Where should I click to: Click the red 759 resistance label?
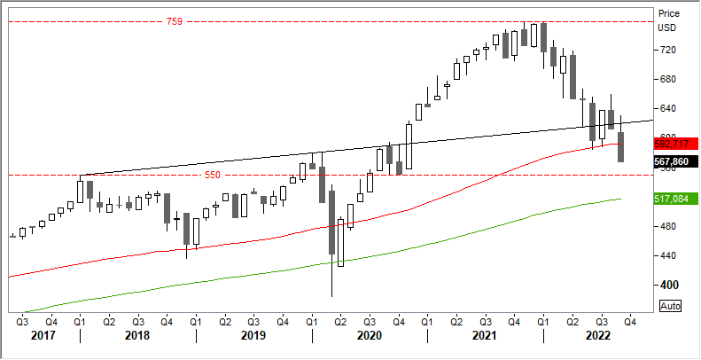174,20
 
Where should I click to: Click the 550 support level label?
213,176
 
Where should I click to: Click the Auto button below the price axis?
671,306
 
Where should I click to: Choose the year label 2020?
370,336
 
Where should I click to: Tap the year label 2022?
598,336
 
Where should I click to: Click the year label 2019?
253,336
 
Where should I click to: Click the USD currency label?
667,27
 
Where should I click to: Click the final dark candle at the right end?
621,147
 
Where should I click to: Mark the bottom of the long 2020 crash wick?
331,296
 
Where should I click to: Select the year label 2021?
485,336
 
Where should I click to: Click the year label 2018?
137,336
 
